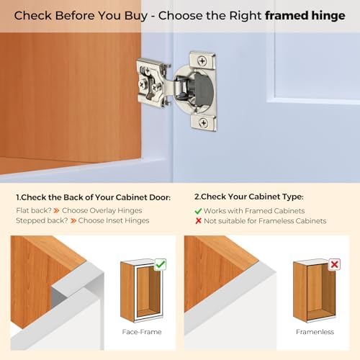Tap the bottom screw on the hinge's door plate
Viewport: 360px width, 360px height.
pyautogui.click(x=202, y=123)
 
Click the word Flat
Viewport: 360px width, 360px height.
pyautogui.click(x=24, y=210)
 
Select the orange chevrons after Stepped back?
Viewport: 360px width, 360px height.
pyautogui.click(x=71, y=220)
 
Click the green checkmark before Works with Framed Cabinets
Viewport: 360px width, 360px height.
pyautogui.click(x=198, y=210)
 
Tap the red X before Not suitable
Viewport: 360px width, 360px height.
pyautogui.click(x=198, y=221)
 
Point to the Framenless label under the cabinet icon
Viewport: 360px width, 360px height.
pyautogui.click(x=315, y=332)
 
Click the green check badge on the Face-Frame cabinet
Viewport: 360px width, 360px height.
pyautogui.click(x=160, y=264)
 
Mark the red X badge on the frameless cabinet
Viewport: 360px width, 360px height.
pyautogui.click(x=333, y=264)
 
